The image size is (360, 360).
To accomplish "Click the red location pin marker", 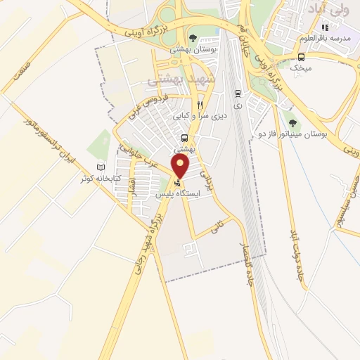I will pyautogui.click(x=181, y=167).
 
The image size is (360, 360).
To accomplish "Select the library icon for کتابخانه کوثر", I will pyautogui.click(x=100, y=167).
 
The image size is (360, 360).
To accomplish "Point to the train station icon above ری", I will pyautogui.click(x=238, y=94).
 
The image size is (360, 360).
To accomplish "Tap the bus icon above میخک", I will pyautogui.click(x=300, y=57).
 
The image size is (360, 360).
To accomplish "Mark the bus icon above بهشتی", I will pyautogui.click(x=184, y=138).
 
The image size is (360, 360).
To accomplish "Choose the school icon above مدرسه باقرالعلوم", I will pyautogui.click(x=325, y=27).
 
